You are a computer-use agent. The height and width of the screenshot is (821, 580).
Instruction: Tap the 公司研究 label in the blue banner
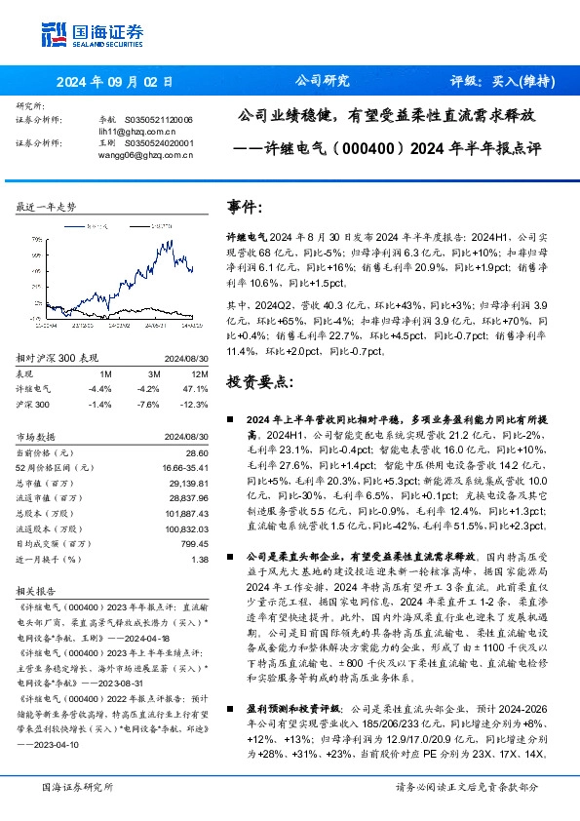pyautogui.click(x=322, y=82)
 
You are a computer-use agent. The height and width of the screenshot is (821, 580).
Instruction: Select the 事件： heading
pyautogui.click(x=244, y=208)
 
